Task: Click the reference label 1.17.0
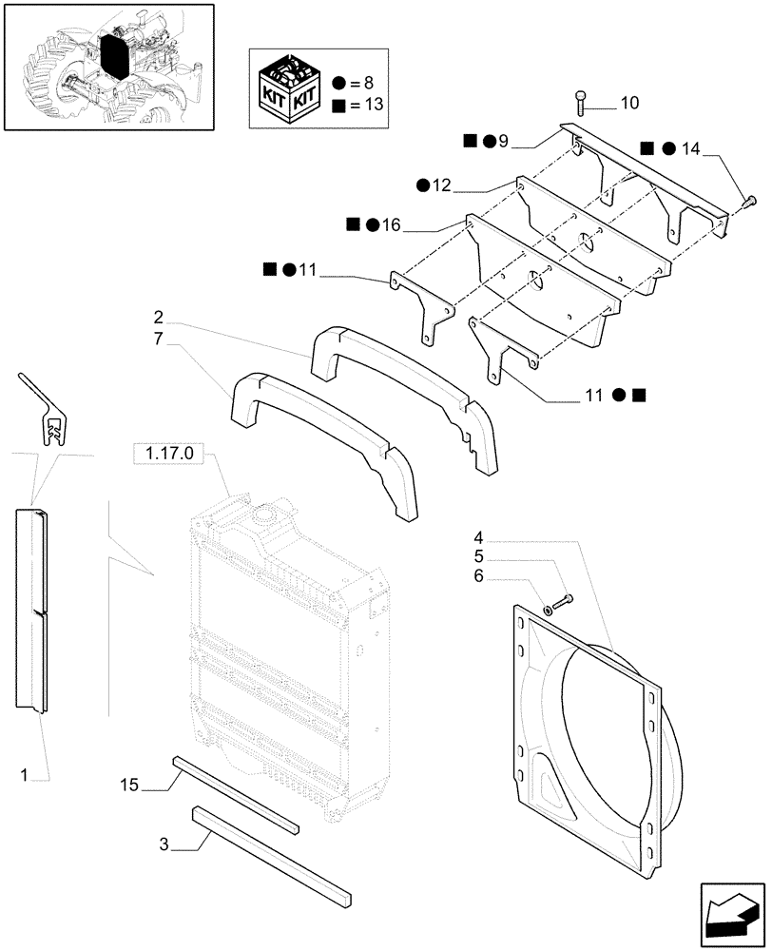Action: tap(169, 456)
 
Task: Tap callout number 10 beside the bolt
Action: tap(630, 102)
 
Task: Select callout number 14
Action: tap(690, 147)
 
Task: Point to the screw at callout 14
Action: tap(747, 200)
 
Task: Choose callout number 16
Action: tap(391, 224)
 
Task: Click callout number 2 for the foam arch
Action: tap(159, 316)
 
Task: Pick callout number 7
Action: tap(159, 340)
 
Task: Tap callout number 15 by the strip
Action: tap(131, 785)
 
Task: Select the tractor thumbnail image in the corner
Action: tap(107, 67)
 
